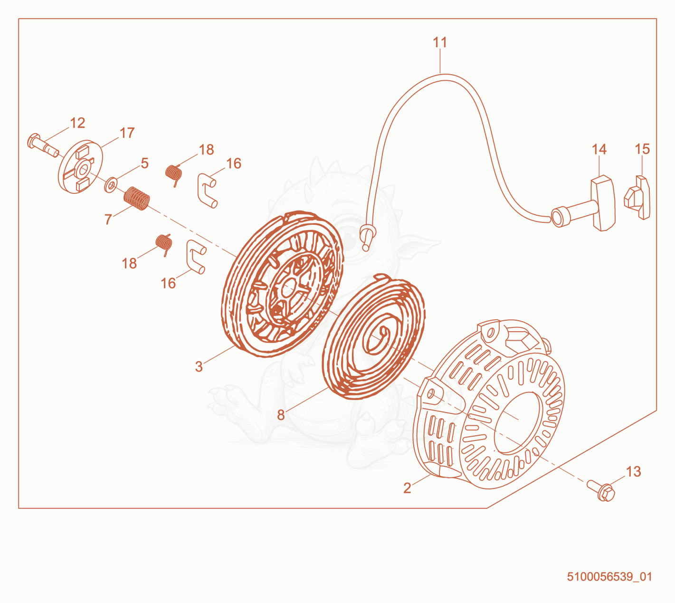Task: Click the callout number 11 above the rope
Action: tap(440, 42)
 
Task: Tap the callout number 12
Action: tap(77, 123)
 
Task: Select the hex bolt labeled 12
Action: tap(43, 145)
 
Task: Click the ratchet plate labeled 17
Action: tap(80, 167)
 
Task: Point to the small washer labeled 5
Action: tap(111, 185)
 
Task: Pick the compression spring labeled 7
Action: tap(136, 198)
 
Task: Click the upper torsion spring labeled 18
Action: tap(174, 174)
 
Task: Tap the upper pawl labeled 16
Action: tap(207, 190)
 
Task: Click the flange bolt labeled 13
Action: tap(601, 490)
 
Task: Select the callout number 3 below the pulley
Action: tap(199, 367)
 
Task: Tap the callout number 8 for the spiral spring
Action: tap(281, 415)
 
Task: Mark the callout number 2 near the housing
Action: tap(407, 488)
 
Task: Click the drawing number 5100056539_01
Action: tap(609, 577)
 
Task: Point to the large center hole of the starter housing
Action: tap(518, 422)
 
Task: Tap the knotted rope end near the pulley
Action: tap(368, 236)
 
